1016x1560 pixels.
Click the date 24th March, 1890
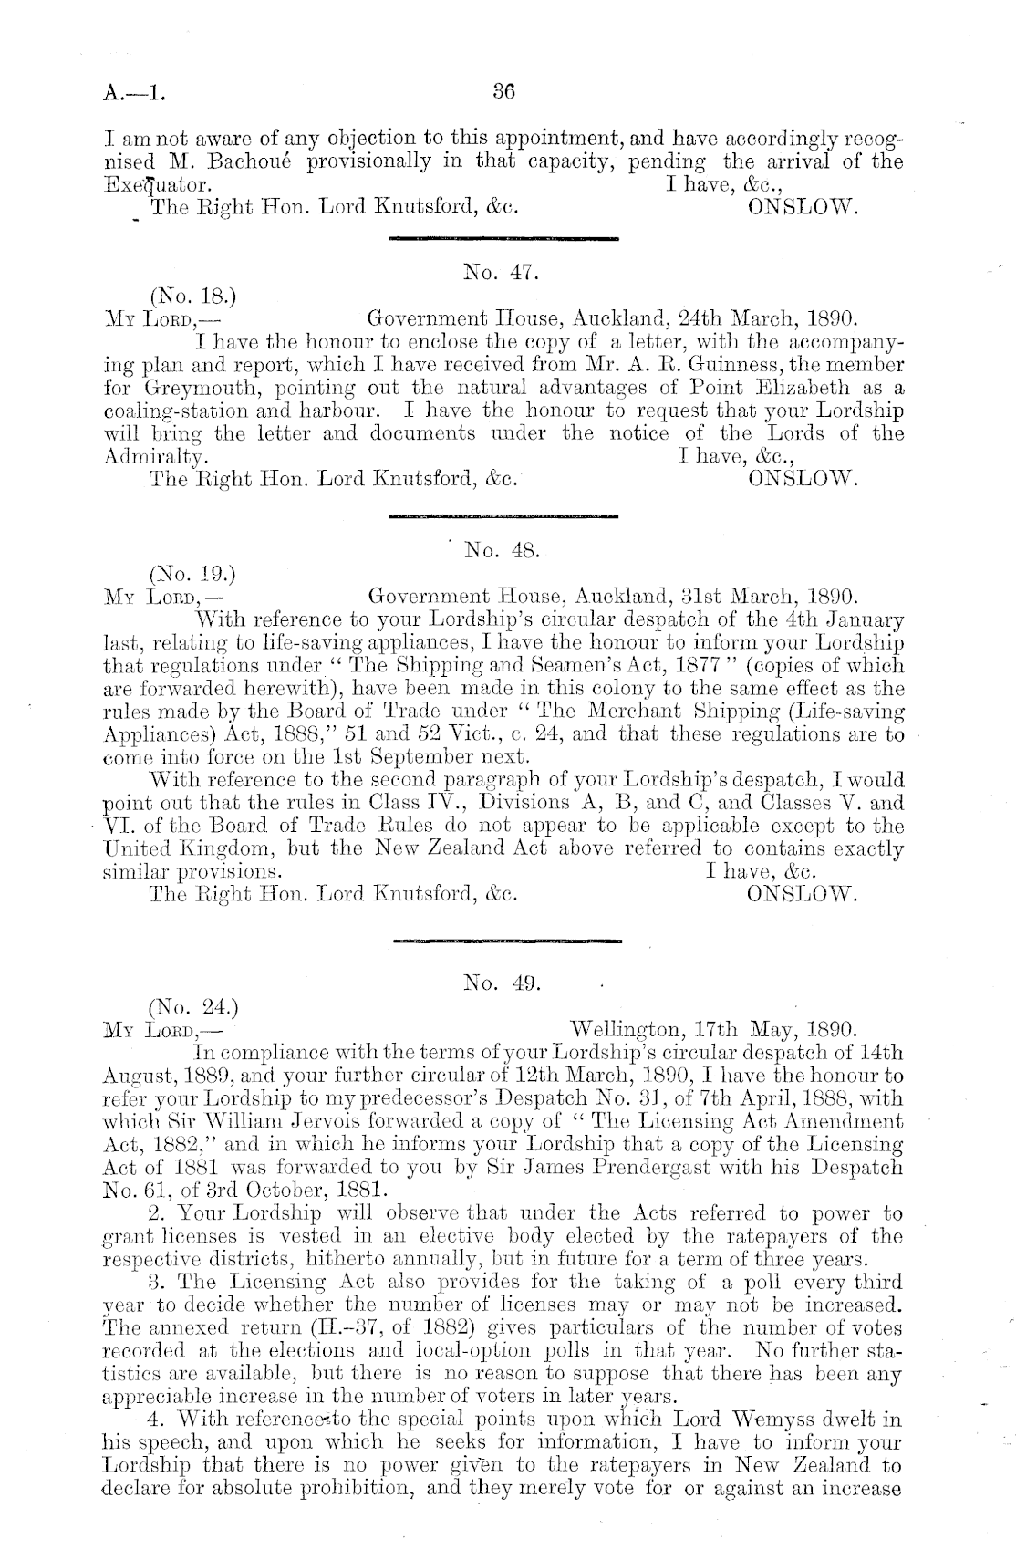tap(765, 319)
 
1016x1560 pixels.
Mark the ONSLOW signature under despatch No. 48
tap(803, 892)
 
